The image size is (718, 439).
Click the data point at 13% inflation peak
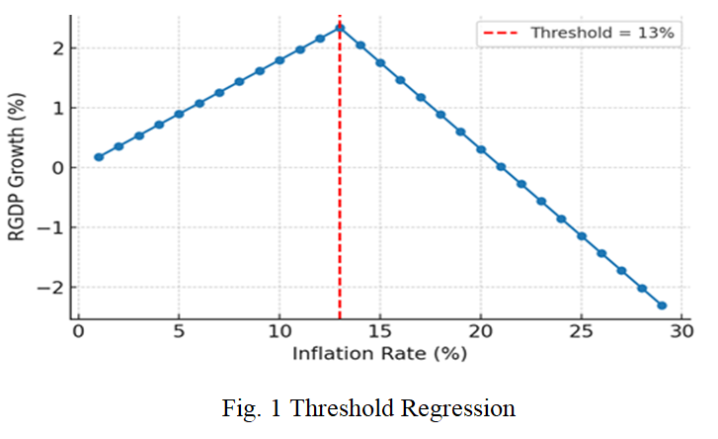340,27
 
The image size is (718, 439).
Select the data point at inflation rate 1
99,157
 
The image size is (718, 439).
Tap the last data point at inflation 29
662,306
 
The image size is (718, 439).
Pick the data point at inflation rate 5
179,114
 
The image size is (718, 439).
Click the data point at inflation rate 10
279,60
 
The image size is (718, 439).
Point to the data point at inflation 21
501,167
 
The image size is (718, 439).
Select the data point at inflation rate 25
582,236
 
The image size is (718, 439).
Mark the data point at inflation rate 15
380,62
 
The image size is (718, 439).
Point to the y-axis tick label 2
58,48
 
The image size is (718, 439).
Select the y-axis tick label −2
53,288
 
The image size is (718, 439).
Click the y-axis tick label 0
58,168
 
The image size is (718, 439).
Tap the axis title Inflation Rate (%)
380,352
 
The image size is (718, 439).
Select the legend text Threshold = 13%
602,33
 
